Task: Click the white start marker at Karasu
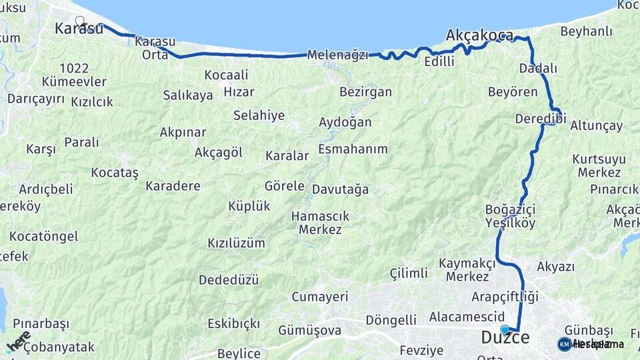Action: pyautogui.click(x=80, y=21)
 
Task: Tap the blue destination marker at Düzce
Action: pyautogui.click(x=505, y=329)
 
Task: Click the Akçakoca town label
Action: pyautogui.click(x=479, y=35)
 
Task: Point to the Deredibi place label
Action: pyautogui.click(x=540, y=119)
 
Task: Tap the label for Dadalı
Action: pyautogui.click(x=538, y=68)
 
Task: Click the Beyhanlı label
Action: pyautogui.click(x=586, y=31)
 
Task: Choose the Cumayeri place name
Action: pyautogui.click(x=320, y=297)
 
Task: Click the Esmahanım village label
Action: pyautogui.click(x=353, y=149)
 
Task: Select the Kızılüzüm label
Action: pyautogui.click(x=236, y=243)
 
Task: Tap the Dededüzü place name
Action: pyautogui.click(x=229, y=280)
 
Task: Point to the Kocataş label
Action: pyautogui.click(x=115, y=173)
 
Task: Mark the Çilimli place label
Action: pyautogui.click(x=409, y=273)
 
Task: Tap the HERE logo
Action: pyautogui.click(x=18, y=341)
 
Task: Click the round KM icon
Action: pyautogui.click(x=564, y=344)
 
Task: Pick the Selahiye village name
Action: pyautogui.click(x=259, y=115)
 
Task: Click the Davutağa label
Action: pyautogui.click(x=340, y=189)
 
